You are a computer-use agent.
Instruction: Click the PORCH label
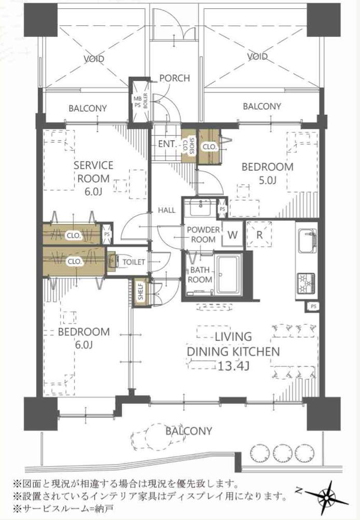click(175, 78)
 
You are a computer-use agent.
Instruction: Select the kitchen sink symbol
click(308, 240)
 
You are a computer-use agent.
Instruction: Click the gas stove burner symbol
click(306, 283)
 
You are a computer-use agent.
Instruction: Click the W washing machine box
click(232, 235)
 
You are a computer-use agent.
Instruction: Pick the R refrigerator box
click(259, 235)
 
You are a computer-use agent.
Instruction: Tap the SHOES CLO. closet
click(189, 145)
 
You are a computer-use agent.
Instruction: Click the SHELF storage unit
click(141, 292)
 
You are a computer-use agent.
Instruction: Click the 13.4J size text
click(233, 366)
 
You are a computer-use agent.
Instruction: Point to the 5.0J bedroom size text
click(268, 180)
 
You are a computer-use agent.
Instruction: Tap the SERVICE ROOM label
click(93, 172)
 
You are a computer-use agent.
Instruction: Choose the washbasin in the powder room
click(200, 208)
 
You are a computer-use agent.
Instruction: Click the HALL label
click(167, 210)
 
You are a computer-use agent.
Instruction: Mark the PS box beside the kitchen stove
click(313, 307)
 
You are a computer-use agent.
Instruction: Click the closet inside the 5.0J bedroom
click(209, 146)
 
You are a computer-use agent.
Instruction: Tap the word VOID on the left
click(94, 59)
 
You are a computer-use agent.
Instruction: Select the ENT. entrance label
click(167, 144)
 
